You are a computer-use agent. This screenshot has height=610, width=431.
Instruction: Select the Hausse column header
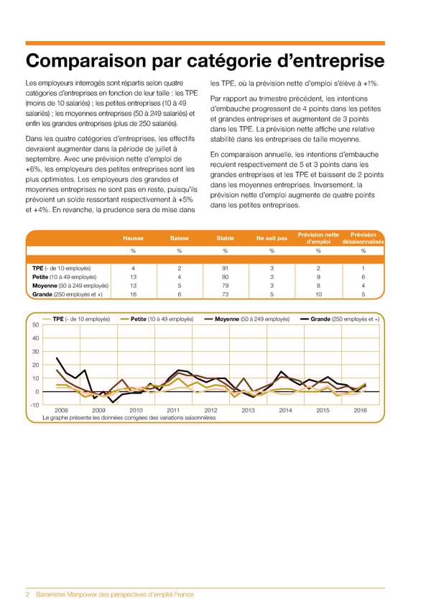(x=133, y=238)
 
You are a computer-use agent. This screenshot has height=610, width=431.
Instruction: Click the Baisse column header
(x=180, y=238)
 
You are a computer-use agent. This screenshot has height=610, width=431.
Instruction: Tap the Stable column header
(x=225, y=238)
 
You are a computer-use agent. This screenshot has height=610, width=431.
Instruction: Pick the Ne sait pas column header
(x=272, y=238)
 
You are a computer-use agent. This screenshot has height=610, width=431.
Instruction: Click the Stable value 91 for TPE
(x=225, y=268)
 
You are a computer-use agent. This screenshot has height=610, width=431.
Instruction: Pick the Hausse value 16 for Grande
(x=133, y=294)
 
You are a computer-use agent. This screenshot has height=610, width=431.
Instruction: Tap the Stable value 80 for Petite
(x=225, y=277)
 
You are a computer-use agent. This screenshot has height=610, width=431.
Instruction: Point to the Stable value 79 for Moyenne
(x=225, y=286)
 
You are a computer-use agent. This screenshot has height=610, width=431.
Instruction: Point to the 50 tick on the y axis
(x=35, y=325)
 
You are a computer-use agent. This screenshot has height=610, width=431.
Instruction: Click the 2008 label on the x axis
(x=62, y=411)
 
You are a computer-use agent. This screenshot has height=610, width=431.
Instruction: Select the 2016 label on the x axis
(x=361, y=411)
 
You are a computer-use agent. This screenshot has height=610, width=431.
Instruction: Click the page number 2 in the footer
(x=27, y=594)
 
